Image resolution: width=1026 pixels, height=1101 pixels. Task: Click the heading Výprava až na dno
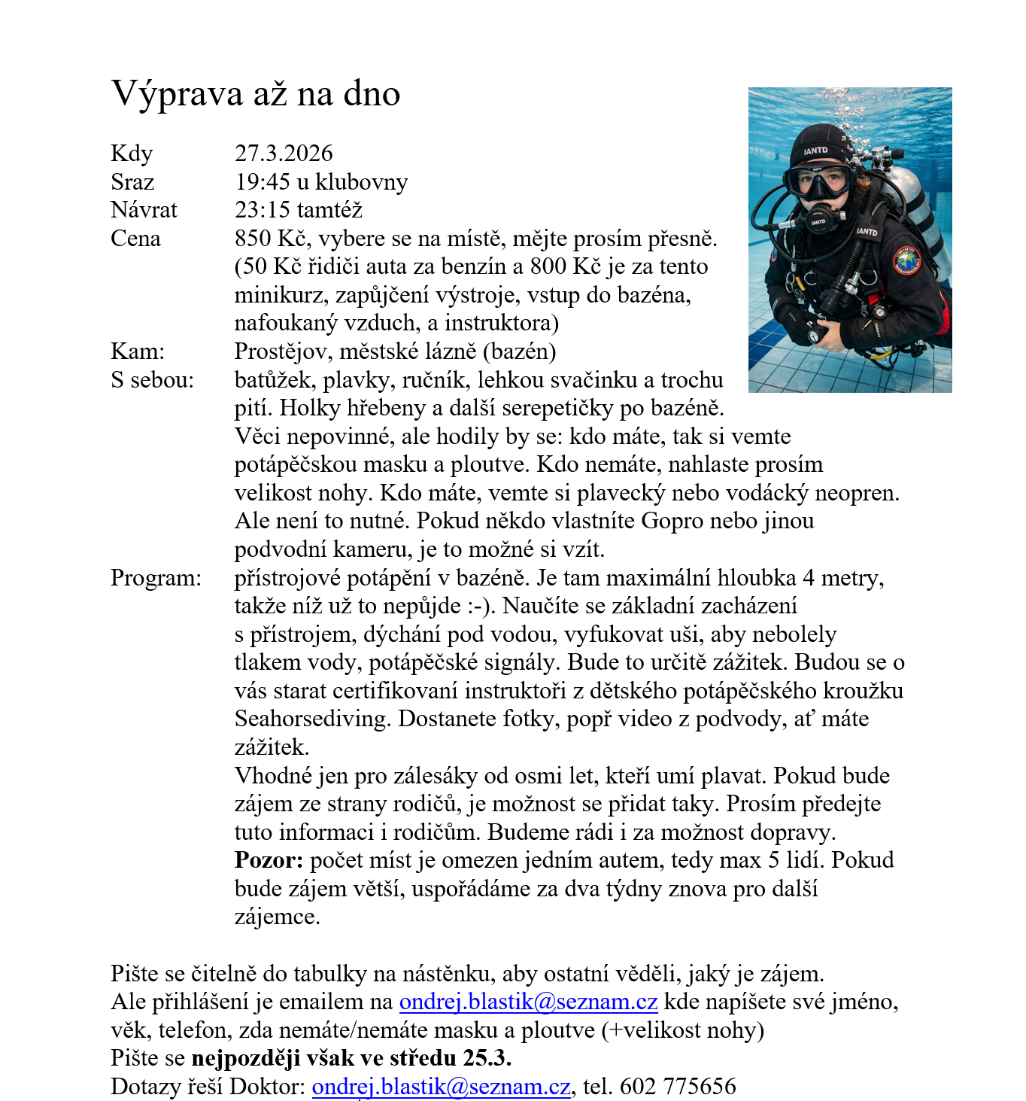[256, 94]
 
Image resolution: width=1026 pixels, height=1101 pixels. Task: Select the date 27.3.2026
[284, 154]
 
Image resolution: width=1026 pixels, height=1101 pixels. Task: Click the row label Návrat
[144, 210]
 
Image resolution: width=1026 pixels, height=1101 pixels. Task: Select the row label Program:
[156, 578]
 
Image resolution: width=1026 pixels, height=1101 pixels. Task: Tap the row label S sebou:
[152, 380]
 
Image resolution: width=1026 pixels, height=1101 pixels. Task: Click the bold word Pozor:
[269, 860]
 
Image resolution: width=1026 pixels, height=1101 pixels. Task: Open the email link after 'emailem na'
[528, 1002]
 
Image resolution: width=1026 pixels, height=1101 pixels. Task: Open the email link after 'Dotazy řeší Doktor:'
[441, 1087]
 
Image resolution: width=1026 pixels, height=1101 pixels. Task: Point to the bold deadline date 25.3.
[487, 1058]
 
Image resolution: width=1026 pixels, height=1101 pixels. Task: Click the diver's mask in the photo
[818, 181]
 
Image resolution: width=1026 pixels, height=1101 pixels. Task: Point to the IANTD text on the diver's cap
[815, 151]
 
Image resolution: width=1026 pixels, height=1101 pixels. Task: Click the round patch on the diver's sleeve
[907, 260]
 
